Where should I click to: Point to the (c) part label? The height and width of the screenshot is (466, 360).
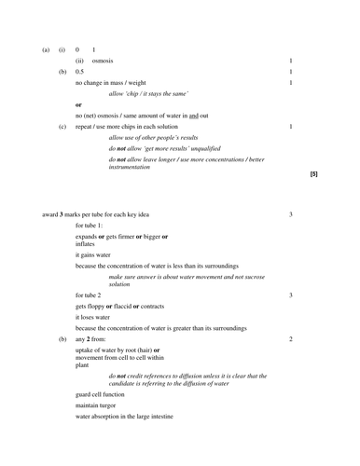coord(62,126)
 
